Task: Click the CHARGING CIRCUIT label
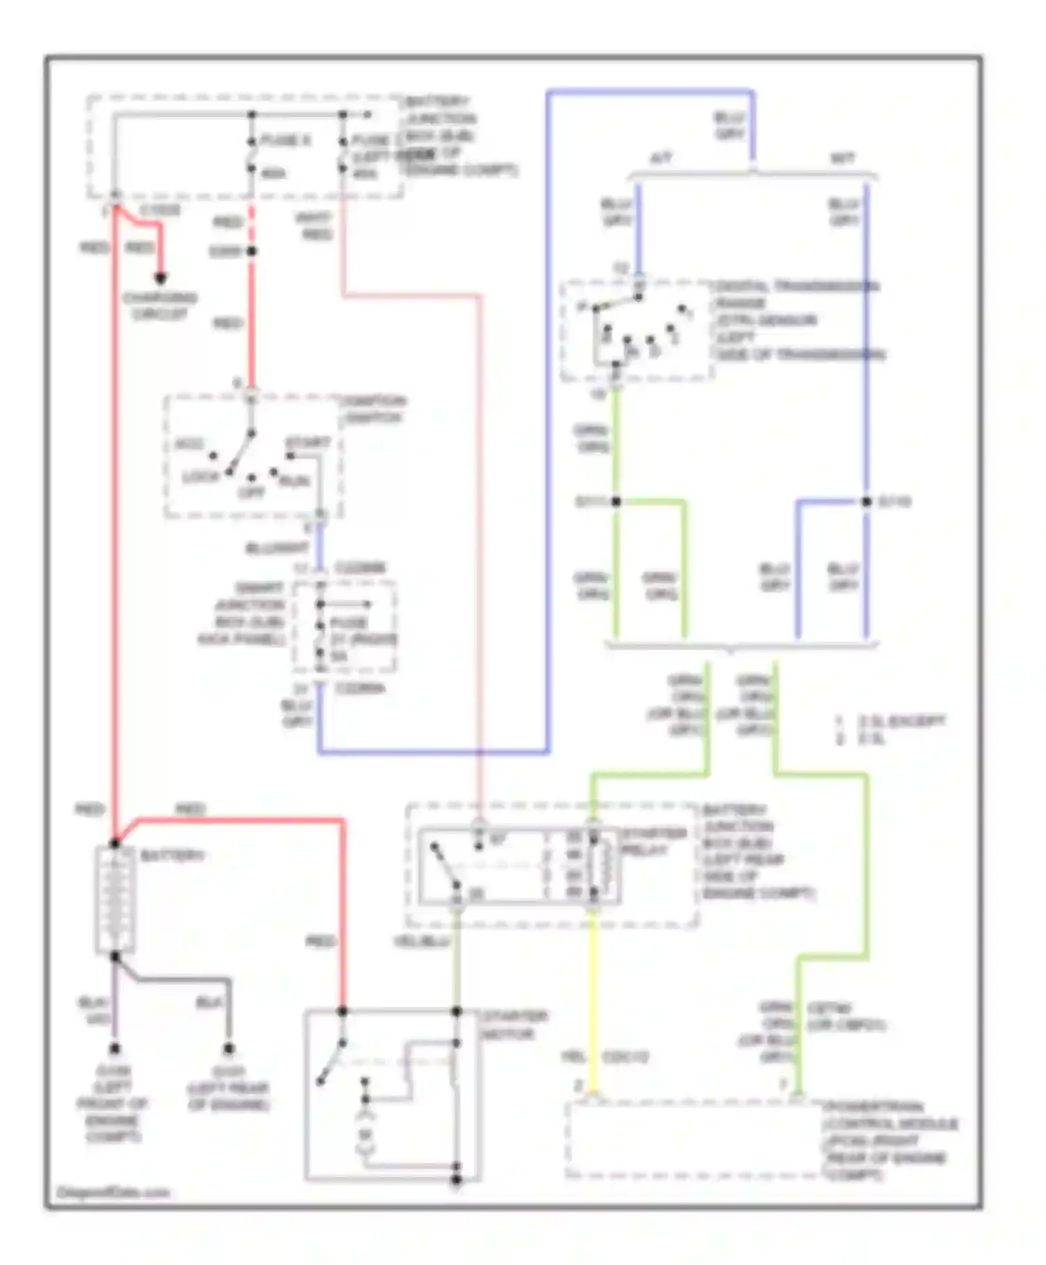(160, 305)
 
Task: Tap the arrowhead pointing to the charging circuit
(160, 278)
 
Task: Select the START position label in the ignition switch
(308, 443)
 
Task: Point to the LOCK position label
(201, 476)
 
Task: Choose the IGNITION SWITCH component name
(372, 409)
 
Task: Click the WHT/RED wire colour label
(314, 226)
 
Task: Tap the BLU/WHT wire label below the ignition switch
(277, 548)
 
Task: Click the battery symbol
(115, 900)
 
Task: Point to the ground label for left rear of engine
(228, 1088)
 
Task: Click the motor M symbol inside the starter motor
(365, 1135)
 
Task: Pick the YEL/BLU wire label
(420, 941)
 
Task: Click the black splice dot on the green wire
(616, 501)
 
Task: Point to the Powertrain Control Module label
(889, 1140)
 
